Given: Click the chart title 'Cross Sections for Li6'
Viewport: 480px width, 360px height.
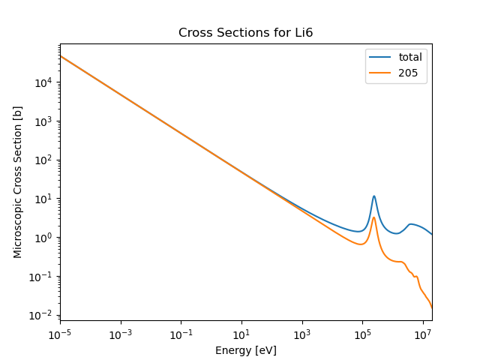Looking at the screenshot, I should [x=245, y=33].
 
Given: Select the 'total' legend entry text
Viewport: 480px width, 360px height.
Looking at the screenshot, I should [x=410, y=57].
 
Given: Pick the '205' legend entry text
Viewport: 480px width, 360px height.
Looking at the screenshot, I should [x=408, y=73].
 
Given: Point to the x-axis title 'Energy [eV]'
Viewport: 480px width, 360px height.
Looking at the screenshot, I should [x=245, y=350].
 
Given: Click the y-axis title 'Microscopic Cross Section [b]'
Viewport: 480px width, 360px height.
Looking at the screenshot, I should [x=18, y=182].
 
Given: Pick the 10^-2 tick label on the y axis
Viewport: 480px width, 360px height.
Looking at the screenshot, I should [x=43, y=315].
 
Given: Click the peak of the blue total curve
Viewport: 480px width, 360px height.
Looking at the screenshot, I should [x=373, y=196].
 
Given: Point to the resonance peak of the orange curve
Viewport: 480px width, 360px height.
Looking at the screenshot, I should [x=373, y=217].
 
